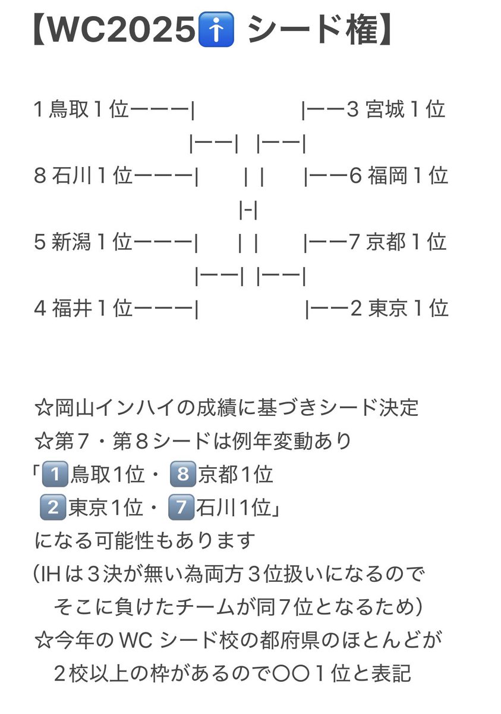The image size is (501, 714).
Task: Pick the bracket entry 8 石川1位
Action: coord(83,176)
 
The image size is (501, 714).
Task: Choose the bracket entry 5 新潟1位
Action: coord(83,242)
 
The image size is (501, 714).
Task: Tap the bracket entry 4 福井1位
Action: coord(83,309)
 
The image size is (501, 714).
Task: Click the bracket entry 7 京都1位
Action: coord(398,242)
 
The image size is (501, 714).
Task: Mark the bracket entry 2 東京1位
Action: coord(399,309)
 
